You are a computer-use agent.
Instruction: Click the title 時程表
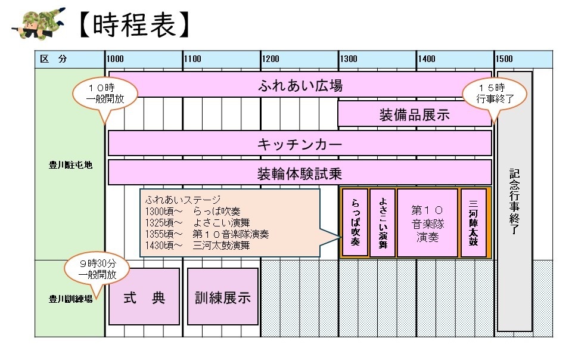[135, 24]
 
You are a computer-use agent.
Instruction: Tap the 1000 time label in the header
[116, 59]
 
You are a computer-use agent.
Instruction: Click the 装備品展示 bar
[414, 114]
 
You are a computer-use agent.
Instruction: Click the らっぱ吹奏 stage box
[355, 222]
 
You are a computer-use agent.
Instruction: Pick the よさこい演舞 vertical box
[383, 222]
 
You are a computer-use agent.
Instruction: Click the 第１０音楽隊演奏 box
[427, 222]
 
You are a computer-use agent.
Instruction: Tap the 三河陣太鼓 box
[474, 222]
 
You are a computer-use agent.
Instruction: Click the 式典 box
[144, 296]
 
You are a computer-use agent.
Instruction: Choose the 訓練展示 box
[223, 296]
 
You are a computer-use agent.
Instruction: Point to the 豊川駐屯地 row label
[70, 165]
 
